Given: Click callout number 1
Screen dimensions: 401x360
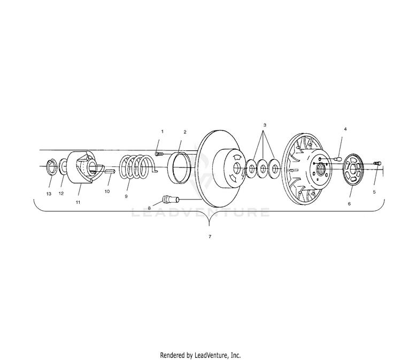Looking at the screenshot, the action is point(162,131).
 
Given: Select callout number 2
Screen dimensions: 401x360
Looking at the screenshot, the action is point(184,132).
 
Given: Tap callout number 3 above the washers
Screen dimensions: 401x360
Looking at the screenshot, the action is point(264,125).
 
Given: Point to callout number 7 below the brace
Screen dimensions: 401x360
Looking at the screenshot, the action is point(209,236).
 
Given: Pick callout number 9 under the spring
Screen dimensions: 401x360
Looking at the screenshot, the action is point(126,196).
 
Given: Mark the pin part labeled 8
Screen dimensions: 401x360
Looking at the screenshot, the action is point(169,200).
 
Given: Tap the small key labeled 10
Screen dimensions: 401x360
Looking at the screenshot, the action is point(109,172).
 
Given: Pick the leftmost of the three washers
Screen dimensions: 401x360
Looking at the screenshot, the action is point(250,170).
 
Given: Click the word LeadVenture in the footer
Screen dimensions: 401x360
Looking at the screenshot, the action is point(214,355).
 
